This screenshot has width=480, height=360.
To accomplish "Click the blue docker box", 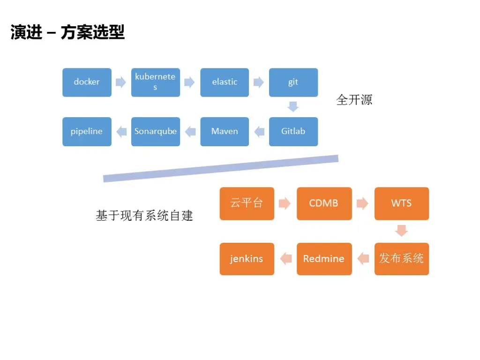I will (87, 82).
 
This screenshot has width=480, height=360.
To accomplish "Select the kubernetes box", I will (155, 82).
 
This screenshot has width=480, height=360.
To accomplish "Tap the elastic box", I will (225, 82).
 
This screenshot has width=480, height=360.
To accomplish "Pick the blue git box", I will (293, 82).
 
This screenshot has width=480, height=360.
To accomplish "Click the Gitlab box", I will (293, 131).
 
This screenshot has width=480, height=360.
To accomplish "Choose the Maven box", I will (225, 131).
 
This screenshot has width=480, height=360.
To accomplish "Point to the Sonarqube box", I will (155, 131).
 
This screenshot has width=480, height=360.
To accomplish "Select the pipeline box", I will (87, 131).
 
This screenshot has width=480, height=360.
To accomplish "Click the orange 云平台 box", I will (247, 203).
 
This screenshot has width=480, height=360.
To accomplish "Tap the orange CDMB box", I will (324, 203).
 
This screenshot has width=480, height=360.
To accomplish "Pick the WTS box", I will (401, 203).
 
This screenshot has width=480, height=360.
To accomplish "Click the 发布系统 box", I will (401, 258).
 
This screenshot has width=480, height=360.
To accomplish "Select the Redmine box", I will (324, 258).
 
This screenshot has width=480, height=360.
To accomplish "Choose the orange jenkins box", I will (247, 258).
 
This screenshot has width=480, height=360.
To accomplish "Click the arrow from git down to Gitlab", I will (293, 106).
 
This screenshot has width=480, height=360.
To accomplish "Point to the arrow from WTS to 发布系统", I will (401, 231).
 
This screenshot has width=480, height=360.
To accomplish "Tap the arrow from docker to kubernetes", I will (121, 82).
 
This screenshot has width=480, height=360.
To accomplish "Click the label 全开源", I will (354, 100).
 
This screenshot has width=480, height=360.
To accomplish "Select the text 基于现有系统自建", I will (144, 216).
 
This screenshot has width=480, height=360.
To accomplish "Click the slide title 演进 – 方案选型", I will (67, 33).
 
